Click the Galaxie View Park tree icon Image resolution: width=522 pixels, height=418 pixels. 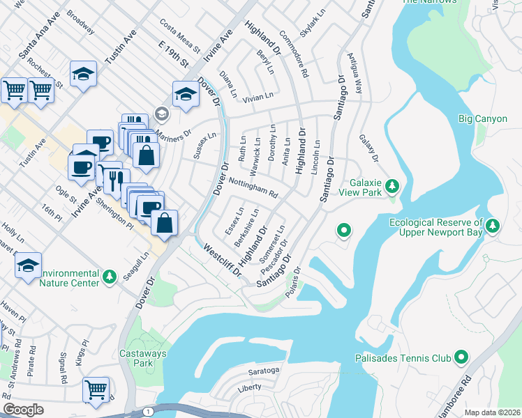pyautogui.click(x=392, y=186)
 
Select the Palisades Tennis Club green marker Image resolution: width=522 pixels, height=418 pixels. pyautogui.click(x=461, y=358)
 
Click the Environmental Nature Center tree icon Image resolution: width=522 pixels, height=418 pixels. pyautogui.click(x=110, y=277)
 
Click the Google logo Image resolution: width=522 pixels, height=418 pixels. pyautogui.click(x=23, y=409)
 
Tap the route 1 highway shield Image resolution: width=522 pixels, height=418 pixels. pyautogui.click(x=148, y=412)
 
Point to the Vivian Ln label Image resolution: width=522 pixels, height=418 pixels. pyautogui.click(x=258, y=97)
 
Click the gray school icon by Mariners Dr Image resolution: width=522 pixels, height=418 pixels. pyautogui.click(x=161, y=113)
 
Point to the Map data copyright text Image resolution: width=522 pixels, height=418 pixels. pyautogui.click(x=491, y=412)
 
